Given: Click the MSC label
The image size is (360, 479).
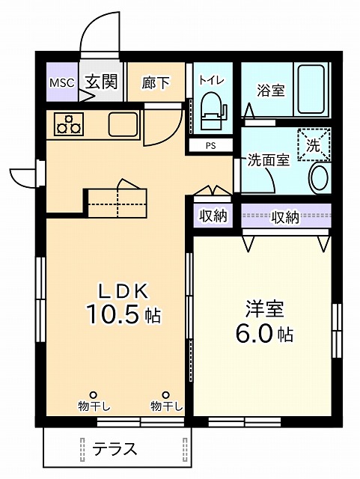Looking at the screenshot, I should point(61,82).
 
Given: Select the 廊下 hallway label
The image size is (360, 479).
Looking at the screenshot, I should point(156,83).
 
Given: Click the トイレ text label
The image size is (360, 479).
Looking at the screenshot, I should point(210,78).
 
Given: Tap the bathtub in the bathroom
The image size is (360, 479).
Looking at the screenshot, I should point(313,90).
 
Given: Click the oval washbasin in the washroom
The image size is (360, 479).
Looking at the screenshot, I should point(319,178).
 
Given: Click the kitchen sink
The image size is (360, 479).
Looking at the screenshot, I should point(122,123).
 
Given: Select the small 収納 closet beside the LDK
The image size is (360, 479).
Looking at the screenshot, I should point(213,217).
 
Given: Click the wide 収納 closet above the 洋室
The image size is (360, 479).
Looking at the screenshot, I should point(285,217).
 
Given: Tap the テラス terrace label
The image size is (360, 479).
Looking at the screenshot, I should point(115,449).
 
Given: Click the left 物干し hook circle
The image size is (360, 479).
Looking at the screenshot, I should point(94,394).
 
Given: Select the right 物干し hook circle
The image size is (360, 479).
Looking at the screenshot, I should point(165,394).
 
